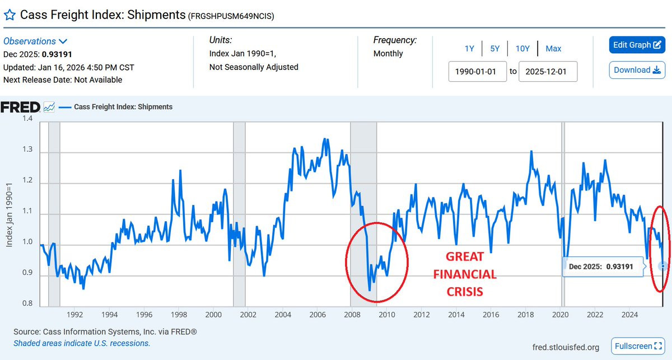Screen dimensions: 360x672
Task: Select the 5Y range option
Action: click(494, 49)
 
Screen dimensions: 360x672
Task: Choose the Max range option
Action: click(553, 49)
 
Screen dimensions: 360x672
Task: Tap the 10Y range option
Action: click(522, 49)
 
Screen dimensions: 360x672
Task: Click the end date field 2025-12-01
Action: click(548, 72)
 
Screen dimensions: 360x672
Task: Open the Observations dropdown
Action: click(35, 41)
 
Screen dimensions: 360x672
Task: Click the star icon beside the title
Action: click(10, 15)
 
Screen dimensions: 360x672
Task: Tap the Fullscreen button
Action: click(637, 347)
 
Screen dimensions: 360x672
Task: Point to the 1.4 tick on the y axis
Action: click(27, 119)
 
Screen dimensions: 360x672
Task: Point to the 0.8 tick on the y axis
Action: click(27, 305)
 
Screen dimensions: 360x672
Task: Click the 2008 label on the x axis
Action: click(352, 314)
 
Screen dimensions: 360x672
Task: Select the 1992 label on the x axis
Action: click(75, 314)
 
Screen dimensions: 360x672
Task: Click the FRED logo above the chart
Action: click(20, 107)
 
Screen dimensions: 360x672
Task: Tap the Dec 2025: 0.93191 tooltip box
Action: click(601, 267)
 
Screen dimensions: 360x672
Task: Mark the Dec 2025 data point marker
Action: click(663, 266)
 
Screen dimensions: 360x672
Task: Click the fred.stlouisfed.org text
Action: click(566, 347)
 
